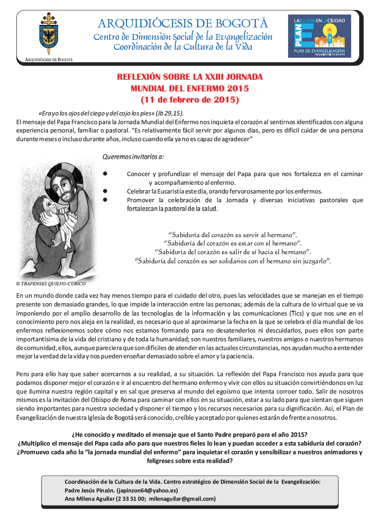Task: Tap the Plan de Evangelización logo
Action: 319,36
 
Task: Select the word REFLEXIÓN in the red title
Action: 139,77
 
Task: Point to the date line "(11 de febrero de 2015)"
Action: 190,100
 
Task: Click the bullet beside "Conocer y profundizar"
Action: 105,174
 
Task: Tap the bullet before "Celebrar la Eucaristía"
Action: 105,191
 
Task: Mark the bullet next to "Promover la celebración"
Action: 105,200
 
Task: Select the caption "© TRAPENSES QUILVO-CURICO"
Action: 51,284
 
